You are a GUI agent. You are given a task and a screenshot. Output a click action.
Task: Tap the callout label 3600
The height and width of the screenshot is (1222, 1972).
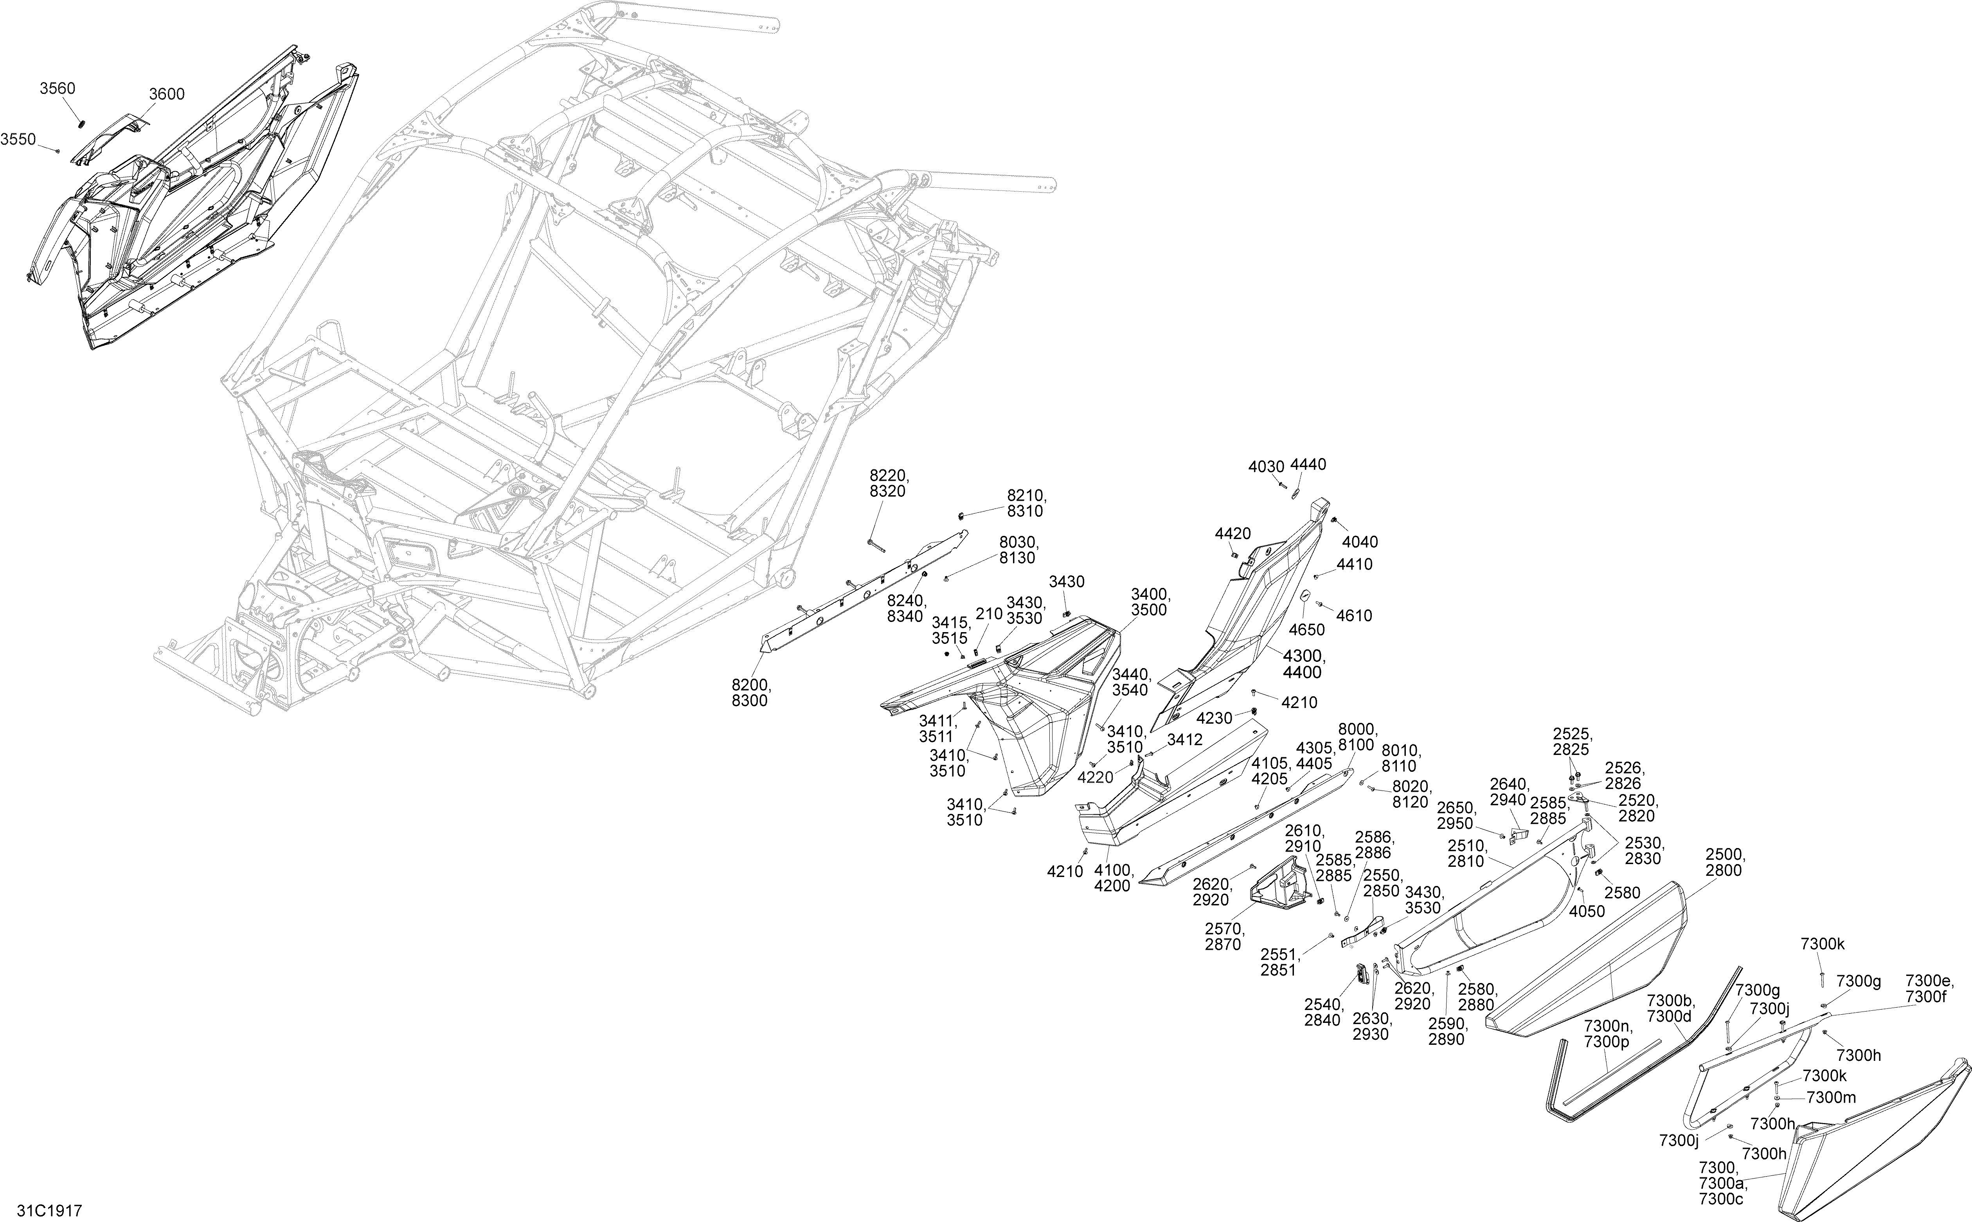point(167,94)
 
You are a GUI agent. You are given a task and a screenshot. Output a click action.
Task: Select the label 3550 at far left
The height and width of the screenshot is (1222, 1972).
point(18,139)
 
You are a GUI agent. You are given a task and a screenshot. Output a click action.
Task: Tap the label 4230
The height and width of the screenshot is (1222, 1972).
point(1215,718)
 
